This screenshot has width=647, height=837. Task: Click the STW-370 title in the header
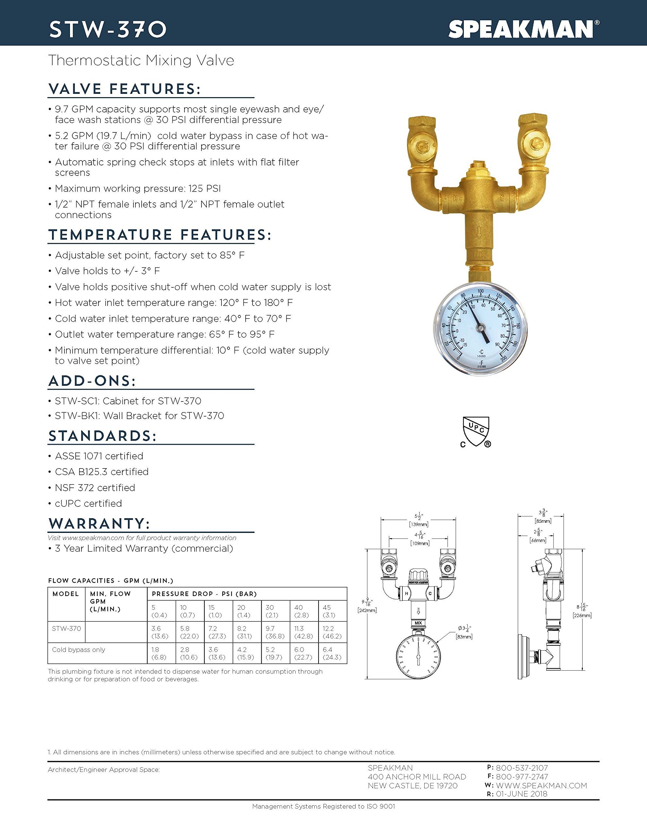click(108, 29)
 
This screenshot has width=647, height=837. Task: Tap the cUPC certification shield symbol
click(476, 432)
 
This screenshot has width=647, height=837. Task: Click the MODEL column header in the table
click(65, 594)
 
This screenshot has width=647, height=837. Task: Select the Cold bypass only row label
click(79, 650)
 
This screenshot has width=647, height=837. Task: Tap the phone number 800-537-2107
click(522, 768)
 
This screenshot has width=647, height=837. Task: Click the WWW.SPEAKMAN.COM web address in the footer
click(541, 786)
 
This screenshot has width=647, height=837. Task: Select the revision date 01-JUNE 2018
click(522, 794)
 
